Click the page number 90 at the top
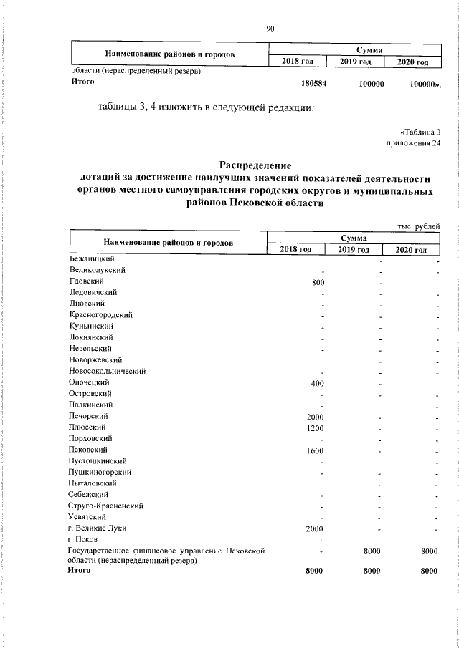(270, 29)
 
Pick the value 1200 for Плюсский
(316, 428)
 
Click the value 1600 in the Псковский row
(316, 451)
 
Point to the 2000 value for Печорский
(316, 417)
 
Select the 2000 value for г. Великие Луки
(316, 529)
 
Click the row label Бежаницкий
(93, 258)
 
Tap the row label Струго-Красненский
(106, 506)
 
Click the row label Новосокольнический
(108, 371)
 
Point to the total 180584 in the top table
(314, 84)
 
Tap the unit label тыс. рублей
(418, 227)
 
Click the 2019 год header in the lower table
(354, 249)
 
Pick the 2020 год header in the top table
(411, 63)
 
